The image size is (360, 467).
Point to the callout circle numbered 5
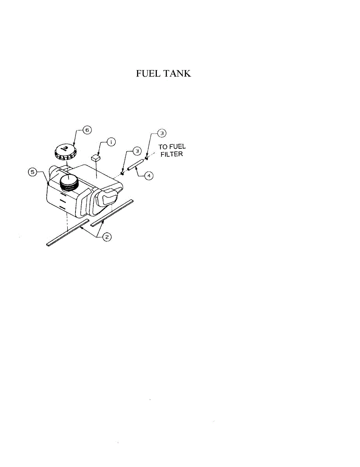[x=33, y=171]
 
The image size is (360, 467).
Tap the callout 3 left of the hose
[x=136, y=150]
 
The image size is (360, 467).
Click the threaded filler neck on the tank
[x=68, y=183]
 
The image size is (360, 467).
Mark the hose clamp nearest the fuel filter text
[x=147, y=158]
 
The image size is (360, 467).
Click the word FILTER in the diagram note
[x=172, y=154]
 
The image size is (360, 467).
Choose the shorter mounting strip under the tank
[x=112, y=213]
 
